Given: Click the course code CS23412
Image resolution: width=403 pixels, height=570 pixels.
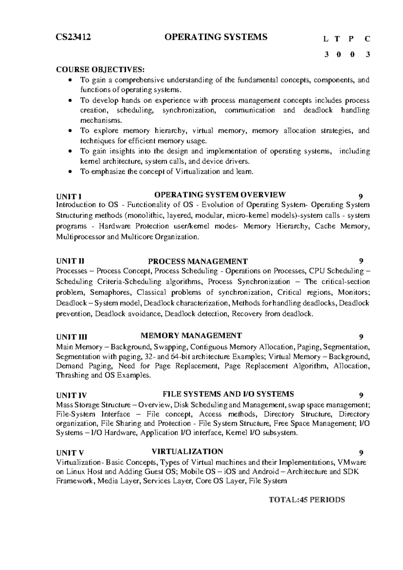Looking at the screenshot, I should [73, 37].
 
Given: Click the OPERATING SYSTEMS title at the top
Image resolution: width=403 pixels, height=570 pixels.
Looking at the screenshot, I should [216, 37].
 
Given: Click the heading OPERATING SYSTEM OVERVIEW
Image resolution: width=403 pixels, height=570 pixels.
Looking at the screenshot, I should [220, 195].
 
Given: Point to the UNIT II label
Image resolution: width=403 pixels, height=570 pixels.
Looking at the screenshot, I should [70, 261].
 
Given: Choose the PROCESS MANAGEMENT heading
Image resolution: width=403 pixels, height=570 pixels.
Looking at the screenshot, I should [198, 261].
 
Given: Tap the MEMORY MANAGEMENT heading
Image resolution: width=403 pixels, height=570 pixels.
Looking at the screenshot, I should [191, 335].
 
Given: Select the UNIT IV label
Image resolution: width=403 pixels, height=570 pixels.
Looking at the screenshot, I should [71, 395].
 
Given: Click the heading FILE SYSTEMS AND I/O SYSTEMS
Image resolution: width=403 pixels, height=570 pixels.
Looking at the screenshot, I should [228, 394].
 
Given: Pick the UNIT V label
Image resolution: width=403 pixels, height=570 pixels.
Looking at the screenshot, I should [70, 453].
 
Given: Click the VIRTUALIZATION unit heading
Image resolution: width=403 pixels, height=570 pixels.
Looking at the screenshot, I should [187, 451].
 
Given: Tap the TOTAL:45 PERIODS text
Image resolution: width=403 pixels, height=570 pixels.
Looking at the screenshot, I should [307, 500].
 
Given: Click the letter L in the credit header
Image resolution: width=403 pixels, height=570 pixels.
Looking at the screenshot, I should [325, 39].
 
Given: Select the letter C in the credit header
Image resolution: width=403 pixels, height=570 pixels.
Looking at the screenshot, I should [367, 39].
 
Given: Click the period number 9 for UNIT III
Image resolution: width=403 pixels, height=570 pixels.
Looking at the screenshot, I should [361, 337].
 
